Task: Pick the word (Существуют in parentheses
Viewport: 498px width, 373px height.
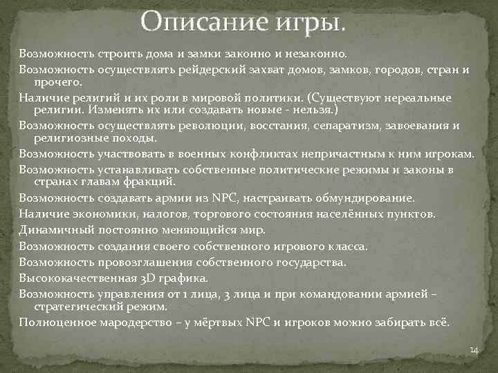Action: [345, 97]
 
